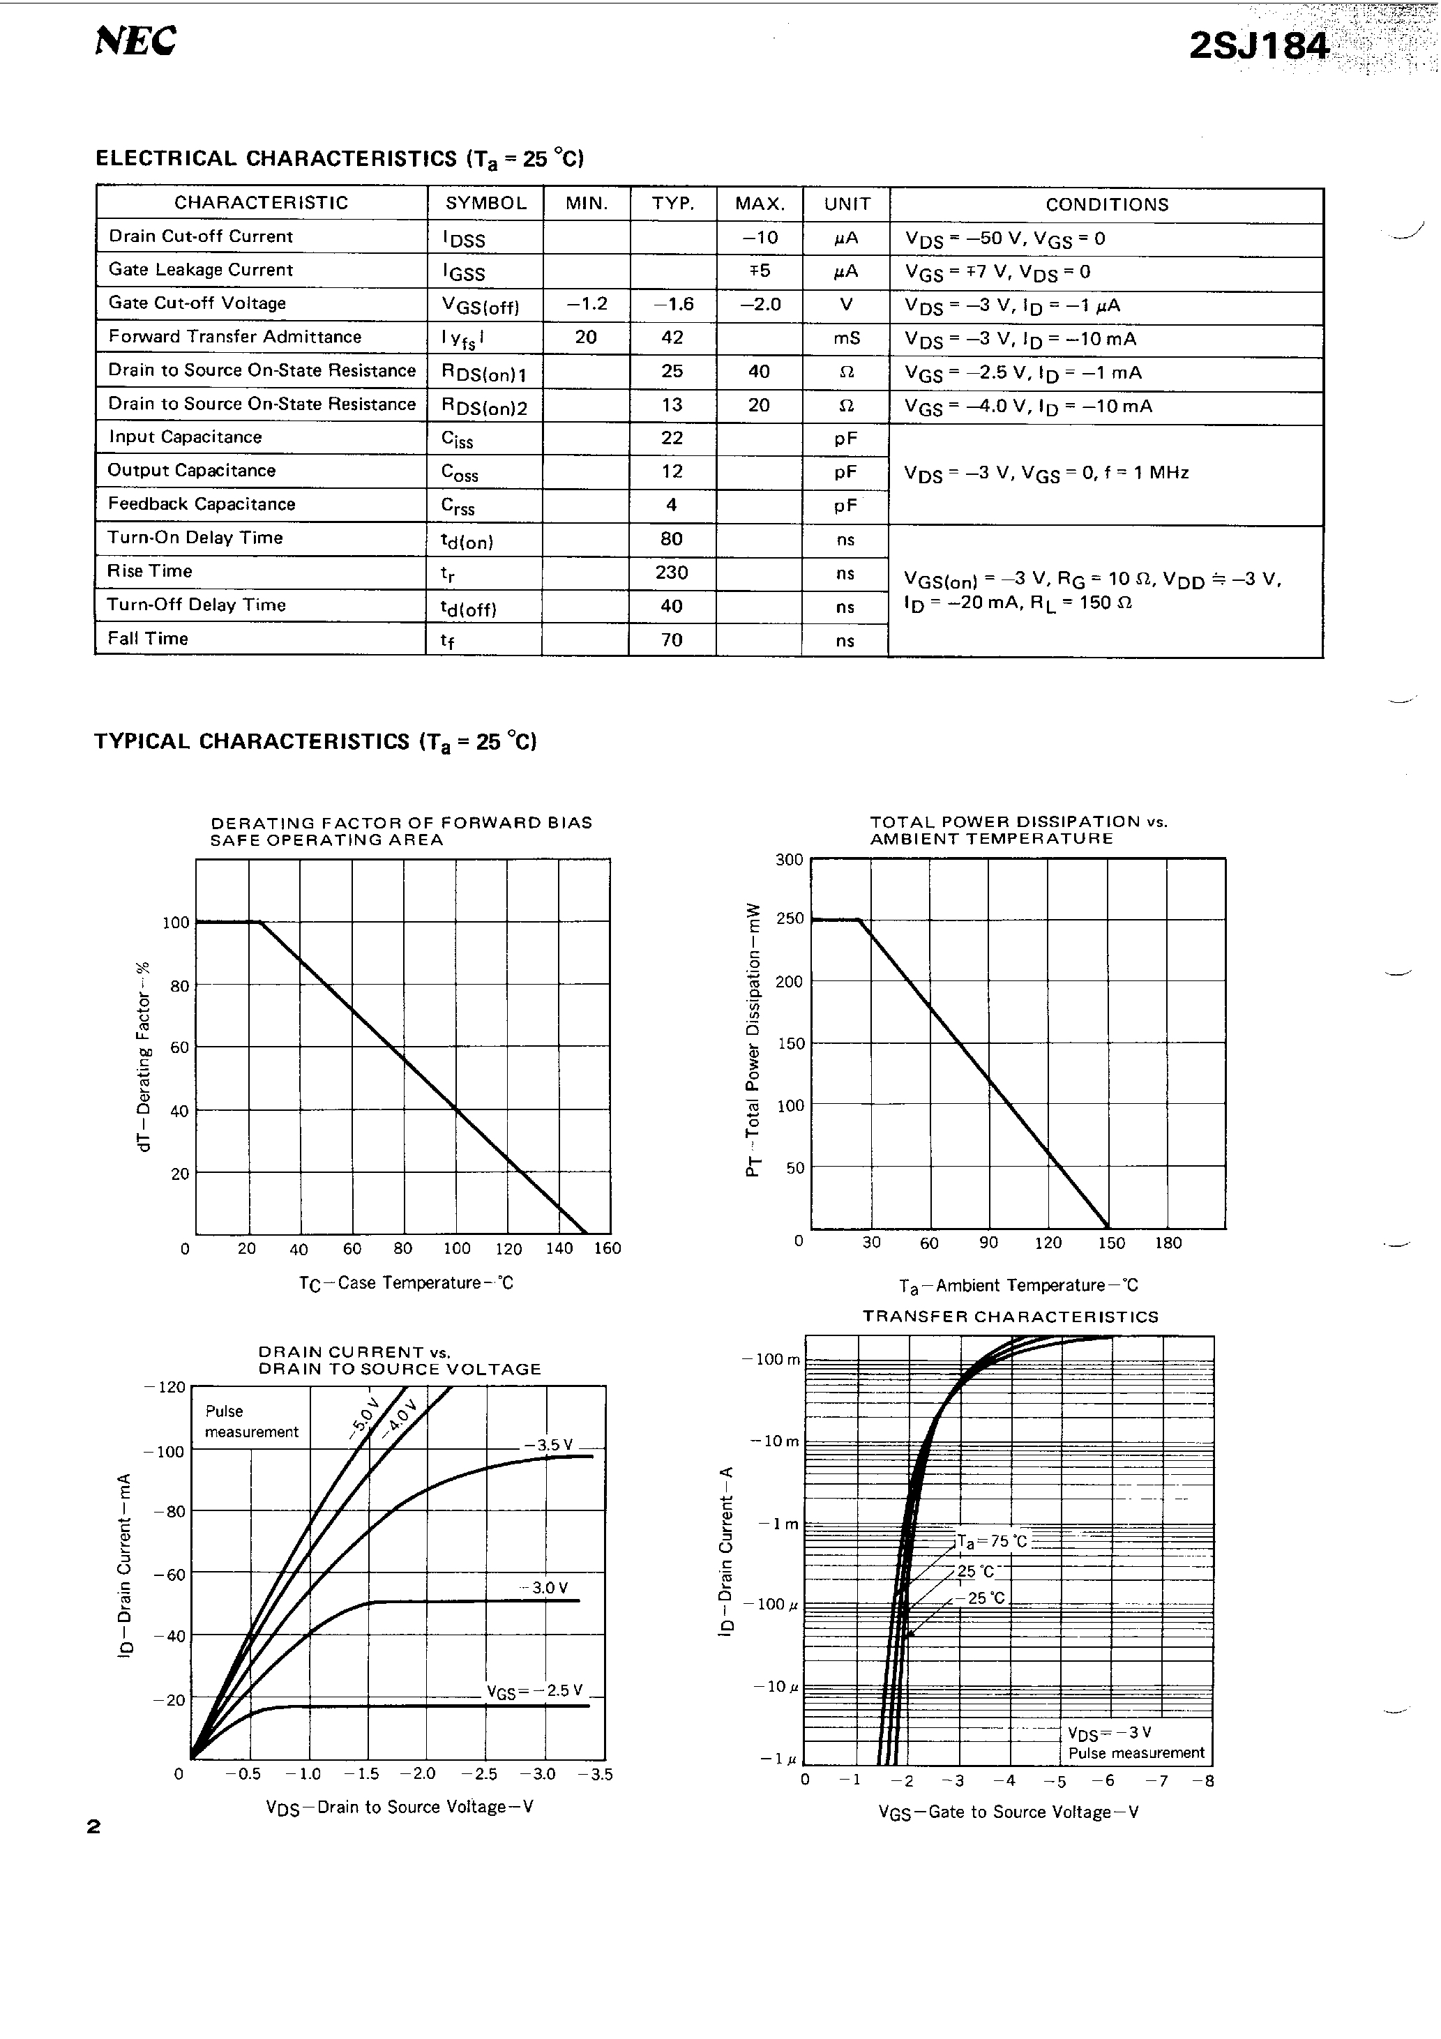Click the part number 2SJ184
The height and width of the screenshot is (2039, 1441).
pos(1259,46)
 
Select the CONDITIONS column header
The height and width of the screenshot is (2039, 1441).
pos(1106,204)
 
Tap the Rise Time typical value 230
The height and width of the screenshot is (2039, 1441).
pos(672,573)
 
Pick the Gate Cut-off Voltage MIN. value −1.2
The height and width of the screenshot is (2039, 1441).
pos(587,304)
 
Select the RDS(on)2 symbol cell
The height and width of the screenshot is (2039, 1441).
pos(484,407)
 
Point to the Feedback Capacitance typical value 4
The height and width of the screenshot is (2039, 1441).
pos(672,504)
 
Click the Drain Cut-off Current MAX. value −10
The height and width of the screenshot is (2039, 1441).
pos(760,237)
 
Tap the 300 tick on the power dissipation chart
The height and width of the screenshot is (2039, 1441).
pos(789,860)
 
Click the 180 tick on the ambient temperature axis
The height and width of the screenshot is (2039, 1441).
pos(1168,1243)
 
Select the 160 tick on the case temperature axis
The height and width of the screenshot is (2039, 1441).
pos(608,1249)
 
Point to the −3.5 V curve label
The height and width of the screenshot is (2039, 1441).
pos(548,1445)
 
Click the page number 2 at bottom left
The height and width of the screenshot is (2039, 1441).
pos(93,1827)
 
